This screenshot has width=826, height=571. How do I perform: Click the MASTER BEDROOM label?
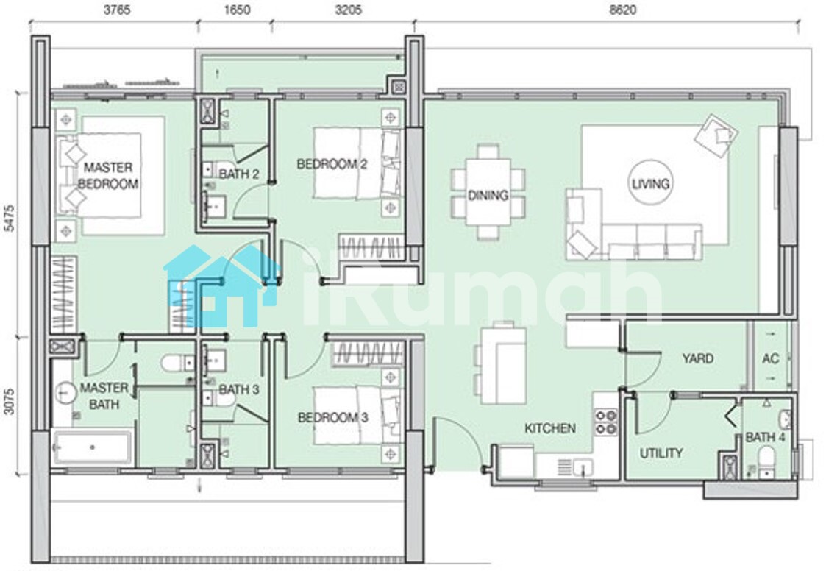coord(108,176)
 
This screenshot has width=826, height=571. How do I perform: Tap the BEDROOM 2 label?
coord(331,164)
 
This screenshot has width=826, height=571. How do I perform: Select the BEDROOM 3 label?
coord(332,417)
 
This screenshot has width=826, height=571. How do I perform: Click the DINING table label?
coord(488,195)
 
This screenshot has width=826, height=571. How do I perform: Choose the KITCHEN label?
coord(550,428)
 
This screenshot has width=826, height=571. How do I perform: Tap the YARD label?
coord(698,358)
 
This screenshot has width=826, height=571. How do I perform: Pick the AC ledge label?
coord(770,358)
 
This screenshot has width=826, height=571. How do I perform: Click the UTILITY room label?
coord(661,453)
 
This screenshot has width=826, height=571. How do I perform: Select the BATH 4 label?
coord(765,437)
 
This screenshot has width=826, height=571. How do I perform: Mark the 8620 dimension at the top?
coord(622,10)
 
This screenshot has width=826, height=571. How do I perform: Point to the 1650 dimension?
coord(237,10)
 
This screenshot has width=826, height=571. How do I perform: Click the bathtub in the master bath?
coord(93,447)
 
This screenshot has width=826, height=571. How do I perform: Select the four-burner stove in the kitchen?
coord(606,422)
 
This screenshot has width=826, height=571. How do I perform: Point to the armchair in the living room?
coord(716,135)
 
